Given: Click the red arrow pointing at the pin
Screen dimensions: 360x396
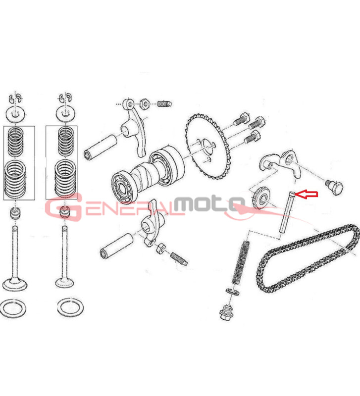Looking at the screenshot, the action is coord(306,194).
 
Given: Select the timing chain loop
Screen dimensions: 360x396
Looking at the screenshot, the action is coord(307,257).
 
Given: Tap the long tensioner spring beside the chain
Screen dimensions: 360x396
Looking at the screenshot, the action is coord(241,263).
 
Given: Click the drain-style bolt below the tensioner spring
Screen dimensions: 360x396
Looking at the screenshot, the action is coord(226,312).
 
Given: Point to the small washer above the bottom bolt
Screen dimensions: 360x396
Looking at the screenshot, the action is coord(232,292).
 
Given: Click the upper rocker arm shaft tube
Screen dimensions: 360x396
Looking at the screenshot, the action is coord(101,147).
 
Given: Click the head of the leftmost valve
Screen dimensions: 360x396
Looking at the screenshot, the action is coord(15,284).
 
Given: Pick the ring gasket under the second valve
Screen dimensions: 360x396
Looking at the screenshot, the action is coord(70,307).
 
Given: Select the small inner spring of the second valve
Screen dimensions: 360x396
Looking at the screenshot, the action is coord(66,142).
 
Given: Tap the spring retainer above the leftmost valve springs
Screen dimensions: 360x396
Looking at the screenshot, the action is coord(16,114).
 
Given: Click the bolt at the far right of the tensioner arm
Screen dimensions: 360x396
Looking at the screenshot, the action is coord(334,187).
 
